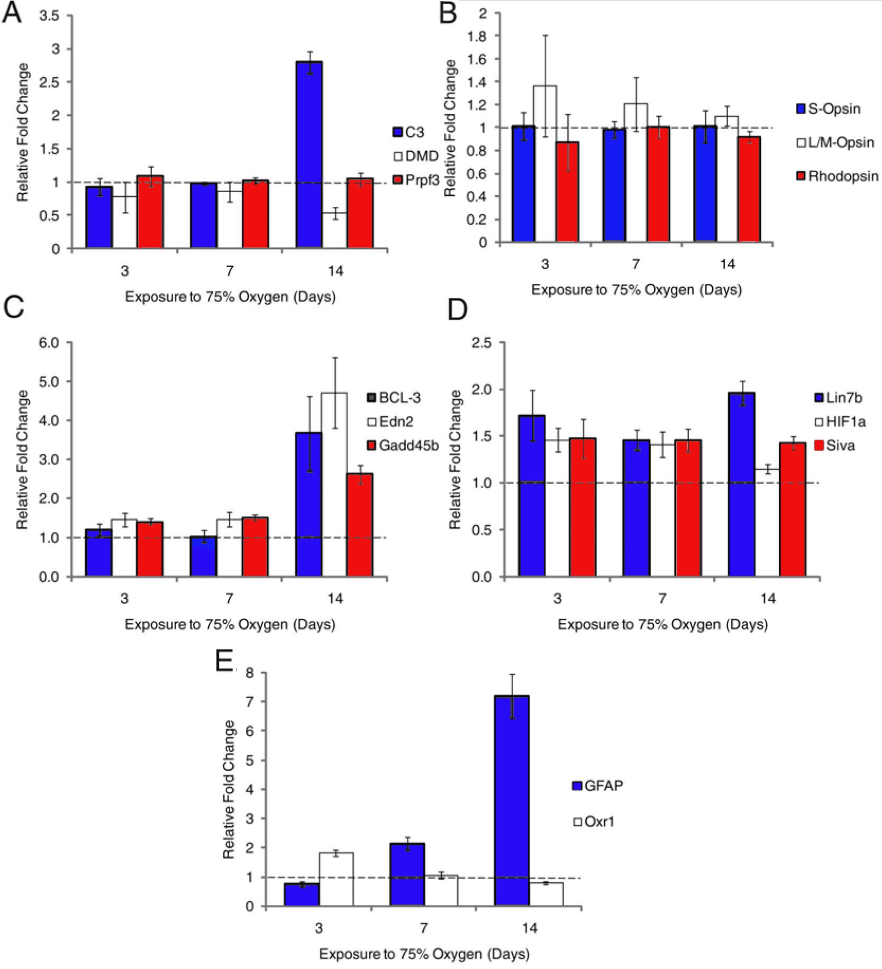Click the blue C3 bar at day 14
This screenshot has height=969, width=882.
tap(309, 154)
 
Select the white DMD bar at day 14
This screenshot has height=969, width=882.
tap(335, 231)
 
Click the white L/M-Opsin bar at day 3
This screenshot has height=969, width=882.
tap(545, 164)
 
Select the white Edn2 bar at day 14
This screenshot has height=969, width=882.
tap(335, 484)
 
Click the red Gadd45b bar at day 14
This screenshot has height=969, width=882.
tap(360, 525)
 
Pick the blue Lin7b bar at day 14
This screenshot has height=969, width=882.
tap(741, 484)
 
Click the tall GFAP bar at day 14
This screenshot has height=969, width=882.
tap(512, 801)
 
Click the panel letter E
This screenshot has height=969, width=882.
tap(224, 661)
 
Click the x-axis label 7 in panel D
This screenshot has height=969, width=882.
tap(662, 598)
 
